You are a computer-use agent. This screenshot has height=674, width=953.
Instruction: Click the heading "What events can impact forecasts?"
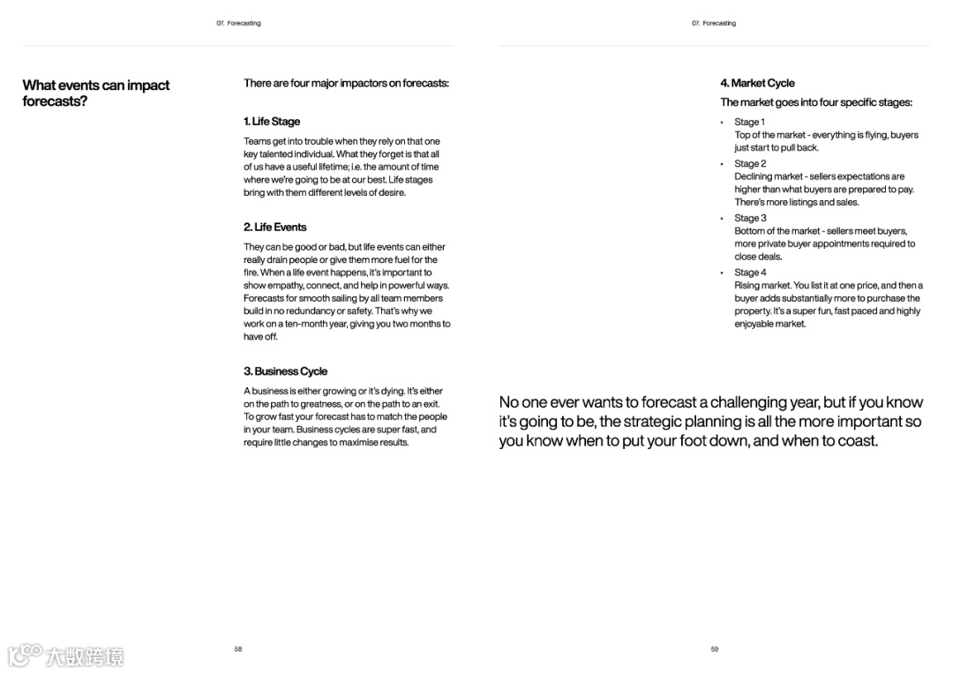[95, 93]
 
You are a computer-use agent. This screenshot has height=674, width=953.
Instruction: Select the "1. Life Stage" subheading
[272, 122]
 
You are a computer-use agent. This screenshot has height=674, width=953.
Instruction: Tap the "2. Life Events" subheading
[274, 227]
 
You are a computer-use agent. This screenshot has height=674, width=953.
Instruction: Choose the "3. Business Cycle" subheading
[285, 371]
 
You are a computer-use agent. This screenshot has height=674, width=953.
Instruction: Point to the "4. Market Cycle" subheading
[757, 83]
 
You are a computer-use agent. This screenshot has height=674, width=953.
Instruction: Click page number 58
[238, 649]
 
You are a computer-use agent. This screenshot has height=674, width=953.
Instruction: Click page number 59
[715, 649]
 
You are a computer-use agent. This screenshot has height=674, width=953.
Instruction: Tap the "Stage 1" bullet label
[749, 122]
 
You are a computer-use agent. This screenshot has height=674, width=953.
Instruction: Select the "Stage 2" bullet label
[750, 163]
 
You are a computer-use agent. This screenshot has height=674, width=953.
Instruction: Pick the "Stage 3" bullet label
[750, 218]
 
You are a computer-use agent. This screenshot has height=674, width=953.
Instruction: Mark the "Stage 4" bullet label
[750, 273]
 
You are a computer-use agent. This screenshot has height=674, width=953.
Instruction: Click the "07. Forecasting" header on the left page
[238, 23]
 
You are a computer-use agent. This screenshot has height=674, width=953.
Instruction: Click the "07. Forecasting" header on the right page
[714, 23]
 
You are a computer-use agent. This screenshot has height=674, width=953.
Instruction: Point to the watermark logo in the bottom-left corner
[65, 655]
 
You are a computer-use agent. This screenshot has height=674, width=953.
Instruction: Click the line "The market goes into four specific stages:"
[815, 102]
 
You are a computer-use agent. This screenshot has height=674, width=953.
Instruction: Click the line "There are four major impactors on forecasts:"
[346, 83]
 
